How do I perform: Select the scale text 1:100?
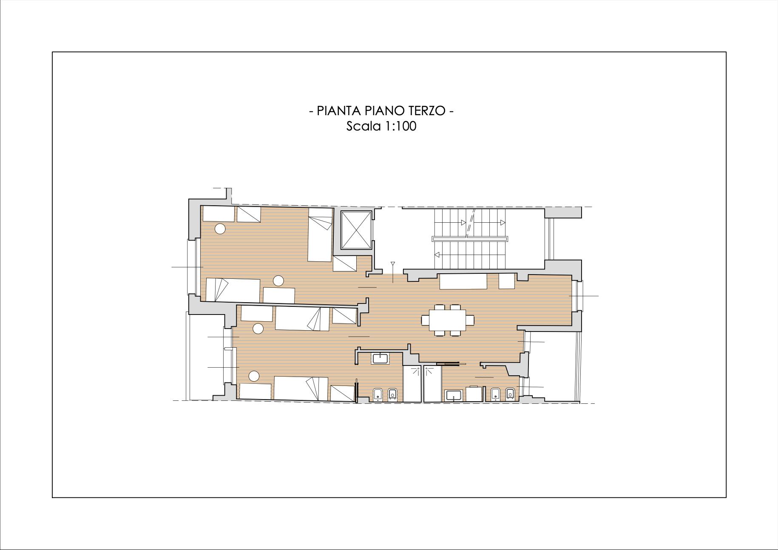pyautogui.click(x=399, y=126)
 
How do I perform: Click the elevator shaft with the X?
pyautogui.click(x=356, y=230)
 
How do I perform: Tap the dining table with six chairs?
pyautogui.click(x=447, y=320)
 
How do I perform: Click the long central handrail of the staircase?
pyautogui.click(x=470, y=239)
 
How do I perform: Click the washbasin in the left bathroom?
pyautogui.click(x=379, y=358)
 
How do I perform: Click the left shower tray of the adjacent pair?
pyautogui.click(x=412, y=383)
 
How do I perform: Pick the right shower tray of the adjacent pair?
pyautogui.click(x=432, y=383)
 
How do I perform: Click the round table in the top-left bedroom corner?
pyautogui.click(x=220, y=229)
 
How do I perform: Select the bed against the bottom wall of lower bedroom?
pyautogui.click(x=301, y=388)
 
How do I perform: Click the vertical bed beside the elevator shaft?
pyautogui.click(x=320, y=235)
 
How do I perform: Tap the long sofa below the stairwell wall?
pyautogui.click(x=463, y=281)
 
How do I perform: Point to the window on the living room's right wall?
pyautogui.click(x=576, y=296)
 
